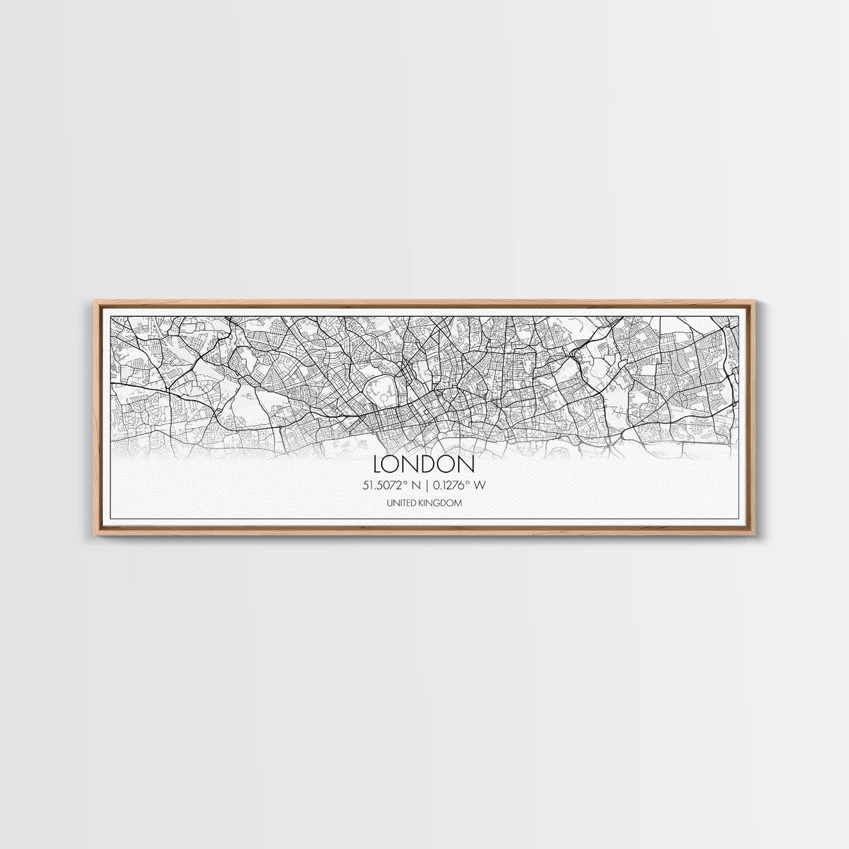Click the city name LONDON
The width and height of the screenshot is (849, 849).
424,464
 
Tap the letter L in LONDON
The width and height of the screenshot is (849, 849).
379,464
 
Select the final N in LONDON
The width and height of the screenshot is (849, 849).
466,464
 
